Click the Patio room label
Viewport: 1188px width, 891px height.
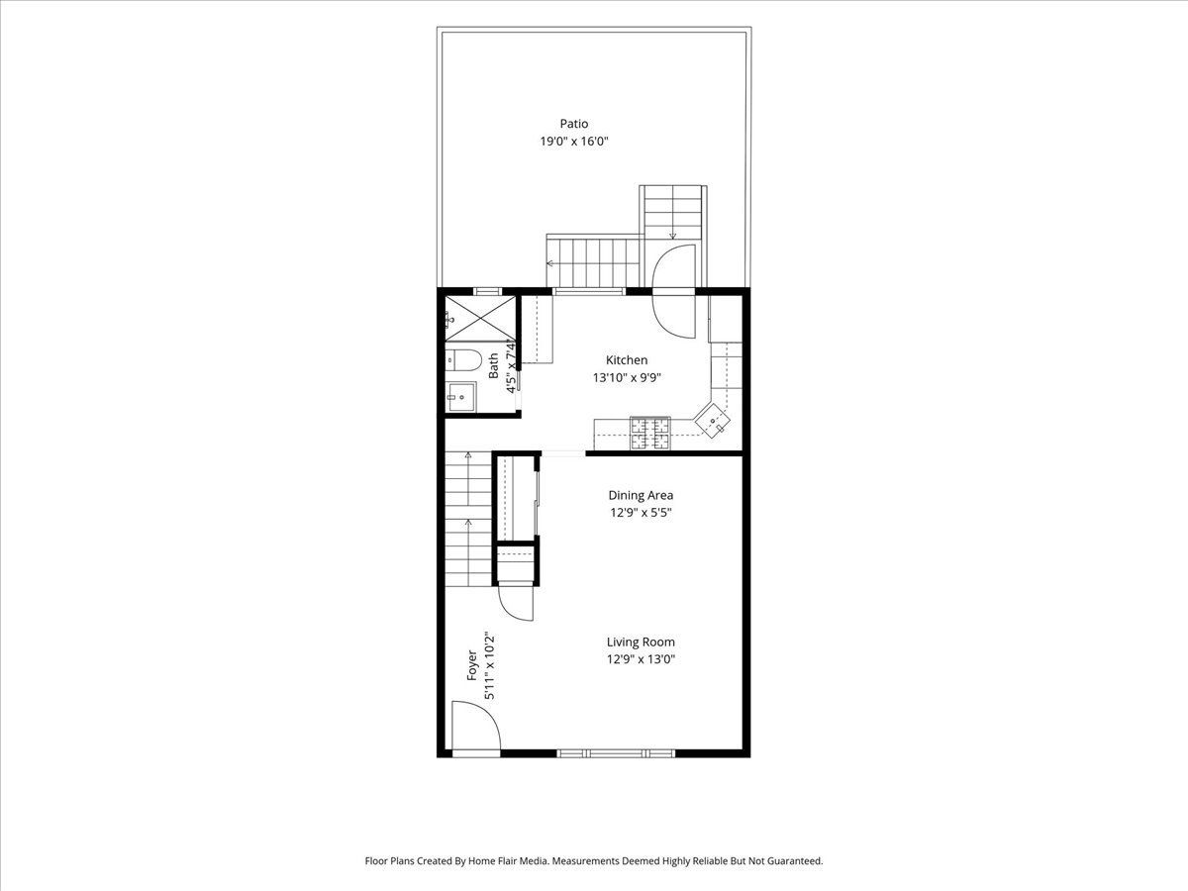pyautogui.click(x=573, y=124)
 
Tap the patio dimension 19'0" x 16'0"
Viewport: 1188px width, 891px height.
pyautogui.click(x=574, y=142)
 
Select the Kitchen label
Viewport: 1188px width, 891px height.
pyautogui.click(x=627, y=359)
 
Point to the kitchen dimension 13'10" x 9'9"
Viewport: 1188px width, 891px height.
pyautogui.click(x=627, y=377)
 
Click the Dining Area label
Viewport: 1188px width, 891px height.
pyautogui.click(x=641, y=495)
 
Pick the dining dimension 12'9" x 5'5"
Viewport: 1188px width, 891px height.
pyautogui.click(x=641, y=512)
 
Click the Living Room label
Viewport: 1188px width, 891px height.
pyautogui.click(x=641, y=643)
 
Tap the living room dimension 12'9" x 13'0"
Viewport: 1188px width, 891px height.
pyautogui.click(x=641, y=659)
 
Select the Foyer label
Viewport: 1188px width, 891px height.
pyautogui.click(x=472, y=665)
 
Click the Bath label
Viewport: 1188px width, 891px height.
pyautogui.click(x=493, y=365)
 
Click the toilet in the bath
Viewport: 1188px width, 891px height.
pyautogui.click(x=463, y=359)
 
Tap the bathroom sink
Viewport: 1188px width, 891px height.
pyautogui.click(x=460, y=397)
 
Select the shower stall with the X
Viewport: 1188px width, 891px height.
pyautogui.click(x=480, y=319)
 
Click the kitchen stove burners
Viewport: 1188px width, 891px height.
pyautogui.click(x=649, y=433)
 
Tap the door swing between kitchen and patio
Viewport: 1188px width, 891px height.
pyautogui.click(x=674, y=291)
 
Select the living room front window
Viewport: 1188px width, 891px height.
pyautogui.click(x=616, y=752)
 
